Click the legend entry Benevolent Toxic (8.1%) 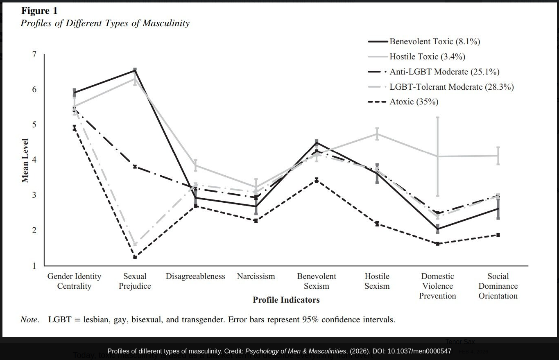(435, 41)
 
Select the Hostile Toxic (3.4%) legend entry (427, 57)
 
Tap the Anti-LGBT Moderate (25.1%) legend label (444, 72)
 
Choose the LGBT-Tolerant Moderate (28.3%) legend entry (451, 87)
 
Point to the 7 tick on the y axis (34, 54)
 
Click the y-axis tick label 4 (34, 160)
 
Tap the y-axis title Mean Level (25, 160)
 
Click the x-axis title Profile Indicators (286, 300)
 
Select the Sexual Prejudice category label (135, 281)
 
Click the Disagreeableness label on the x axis (195, 276)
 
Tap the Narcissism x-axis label (256, 276)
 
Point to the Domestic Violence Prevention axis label (437, 286)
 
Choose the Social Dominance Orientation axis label (498, 286)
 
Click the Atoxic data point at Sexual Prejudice (135, 257)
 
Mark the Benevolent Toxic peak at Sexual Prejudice (135, 70)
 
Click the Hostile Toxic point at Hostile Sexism (377, 134)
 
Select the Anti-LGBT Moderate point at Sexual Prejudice (135, 166)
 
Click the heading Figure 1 (39, 11)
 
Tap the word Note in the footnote (29, 319)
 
